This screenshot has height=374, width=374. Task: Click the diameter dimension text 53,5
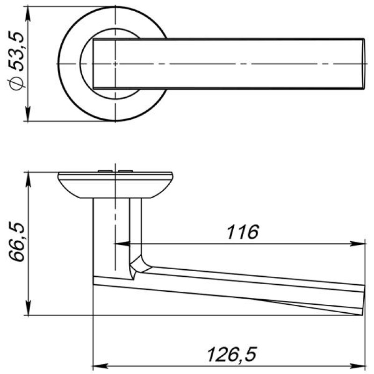[x=16, y=51]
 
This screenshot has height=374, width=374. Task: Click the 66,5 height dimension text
[x=17, y=242]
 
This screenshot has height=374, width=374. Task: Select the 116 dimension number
[x=243, y=232]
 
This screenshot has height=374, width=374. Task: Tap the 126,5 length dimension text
[x=232, y=354]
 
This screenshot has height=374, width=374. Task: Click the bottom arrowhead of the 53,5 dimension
[x=28, y=114]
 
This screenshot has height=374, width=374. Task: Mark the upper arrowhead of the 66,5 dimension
[x=28, y=180]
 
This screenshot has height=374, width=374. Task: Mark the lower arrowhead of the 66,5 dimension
[x=28, y=308]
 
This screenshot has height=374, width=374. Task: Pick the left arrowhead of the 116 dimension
[x=122, y=244]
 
